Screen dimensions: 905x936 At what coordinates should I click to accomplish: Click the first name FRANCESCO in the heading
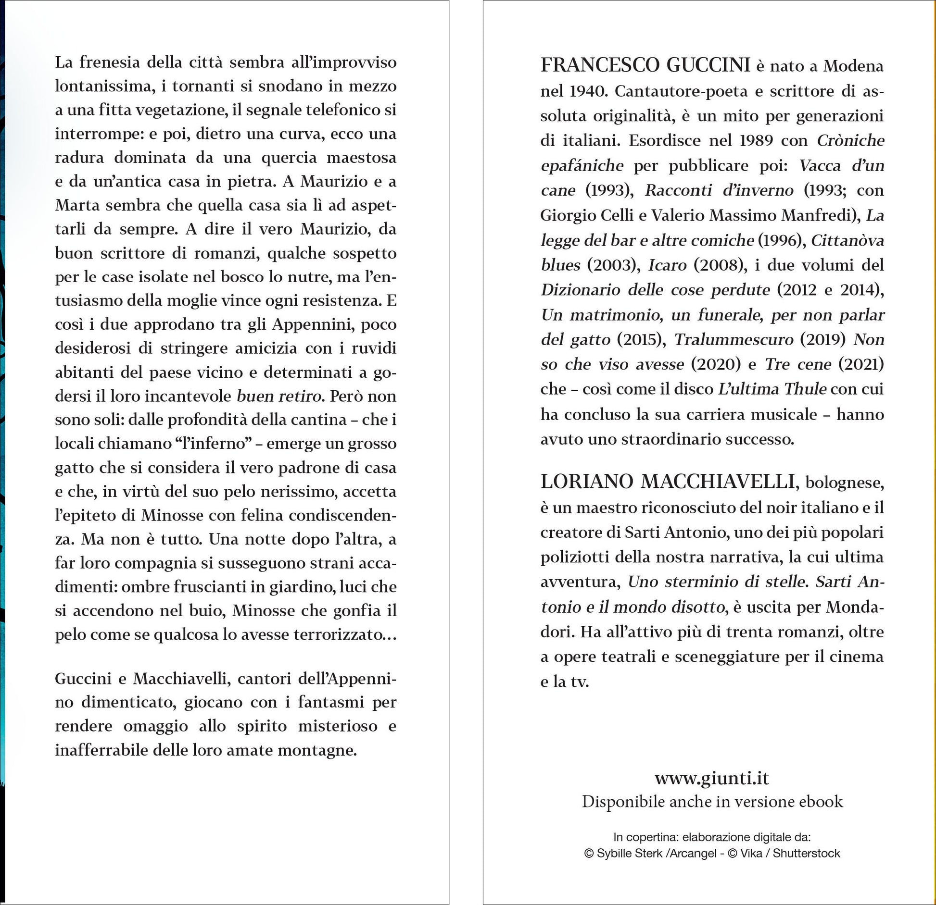tap(594, 65)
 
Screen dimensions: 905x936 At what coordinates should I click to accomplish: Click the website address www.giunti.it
tap(712, 778)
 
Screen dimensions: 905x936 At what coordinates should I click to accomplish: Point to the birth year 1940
tap(587, 91)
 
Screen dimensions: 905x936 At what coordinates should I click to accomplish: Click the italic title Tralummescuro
tap(734, 339)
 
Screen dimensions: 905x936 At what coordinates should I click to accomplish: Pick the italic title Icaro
tap(667, 265)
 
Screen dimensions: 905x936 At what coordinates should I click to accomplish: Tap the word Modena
tap(853, 66)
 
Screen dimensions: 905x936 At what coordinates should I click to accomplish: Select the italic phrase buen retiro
tap(279, 396)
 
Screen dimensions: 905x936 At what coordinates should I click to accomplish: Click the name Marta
tap(77, 205)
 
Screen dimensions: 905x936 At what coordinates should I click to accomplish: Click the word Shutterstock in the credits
tap(807, 853)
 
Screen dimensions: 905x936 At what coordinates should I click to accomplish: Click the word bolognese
tap(845, 482)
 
